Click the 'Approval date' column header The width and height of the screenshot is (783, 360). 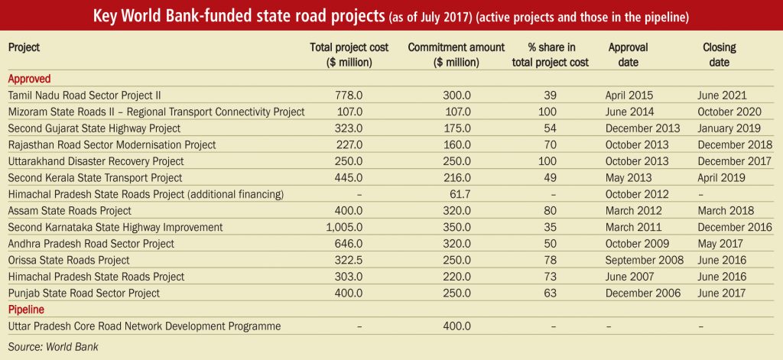tap(629, 55)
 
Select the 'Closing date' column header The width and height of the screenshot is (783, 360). tap(720, 55)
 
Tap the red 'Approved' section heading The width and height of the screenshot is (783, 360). tap(30, 79)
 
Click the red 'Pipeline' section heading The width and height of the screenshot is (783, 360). tap(27, 310)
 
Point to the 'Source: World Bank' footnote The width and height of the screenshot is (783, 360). tap(54, 347)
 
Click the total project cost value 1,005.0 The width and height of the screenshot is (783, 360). tap(344, 227)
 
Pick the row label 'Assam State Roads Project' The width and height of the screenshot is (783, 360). tap(70, 211)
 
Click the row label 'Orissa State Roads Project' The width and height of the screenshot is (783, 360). tap(69, 260)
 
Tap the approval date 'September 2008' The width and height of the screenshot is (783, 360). tap(645, 260)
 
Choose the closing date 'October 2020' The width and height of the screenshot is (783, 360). tap(729, 112)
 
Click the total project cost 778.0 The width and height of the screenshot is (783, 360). tap(349, 96)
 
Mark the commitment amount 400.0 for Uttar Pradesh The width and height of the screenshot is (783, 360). tap(457, 326)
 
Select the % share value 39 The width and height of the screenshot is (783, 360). tap(551, 96)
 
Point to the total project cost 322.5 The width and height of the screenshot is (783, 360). tap(349, 260)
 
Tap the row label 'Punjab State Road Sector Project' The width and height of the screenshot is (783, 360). tap(84, 293)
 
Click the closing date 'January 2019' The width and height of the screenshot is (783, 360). tap(729, 128)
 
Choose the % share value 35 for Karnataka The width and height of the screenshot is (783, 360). tap(551, 227)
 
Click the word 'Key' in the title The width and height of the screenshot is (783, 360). tap(105, 17)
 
